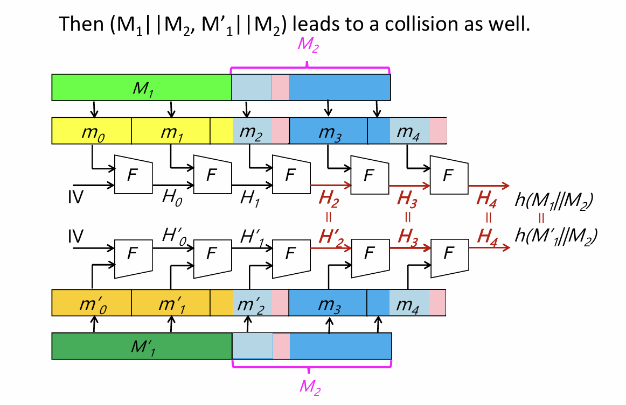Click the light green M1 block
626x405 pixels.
point(141,87)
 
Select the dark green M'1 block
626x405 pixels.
point(141,346)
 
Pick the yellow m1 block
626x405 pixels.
point(171,131)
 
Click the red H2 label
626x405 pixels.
point(329,200)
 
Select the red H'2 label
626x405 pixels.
point(329,236)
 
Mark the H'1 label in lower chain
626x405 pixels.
point(252,235)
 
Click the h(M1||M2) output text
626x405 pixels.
point(555,202)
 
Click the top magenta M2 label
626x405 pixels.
point(308,46)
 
